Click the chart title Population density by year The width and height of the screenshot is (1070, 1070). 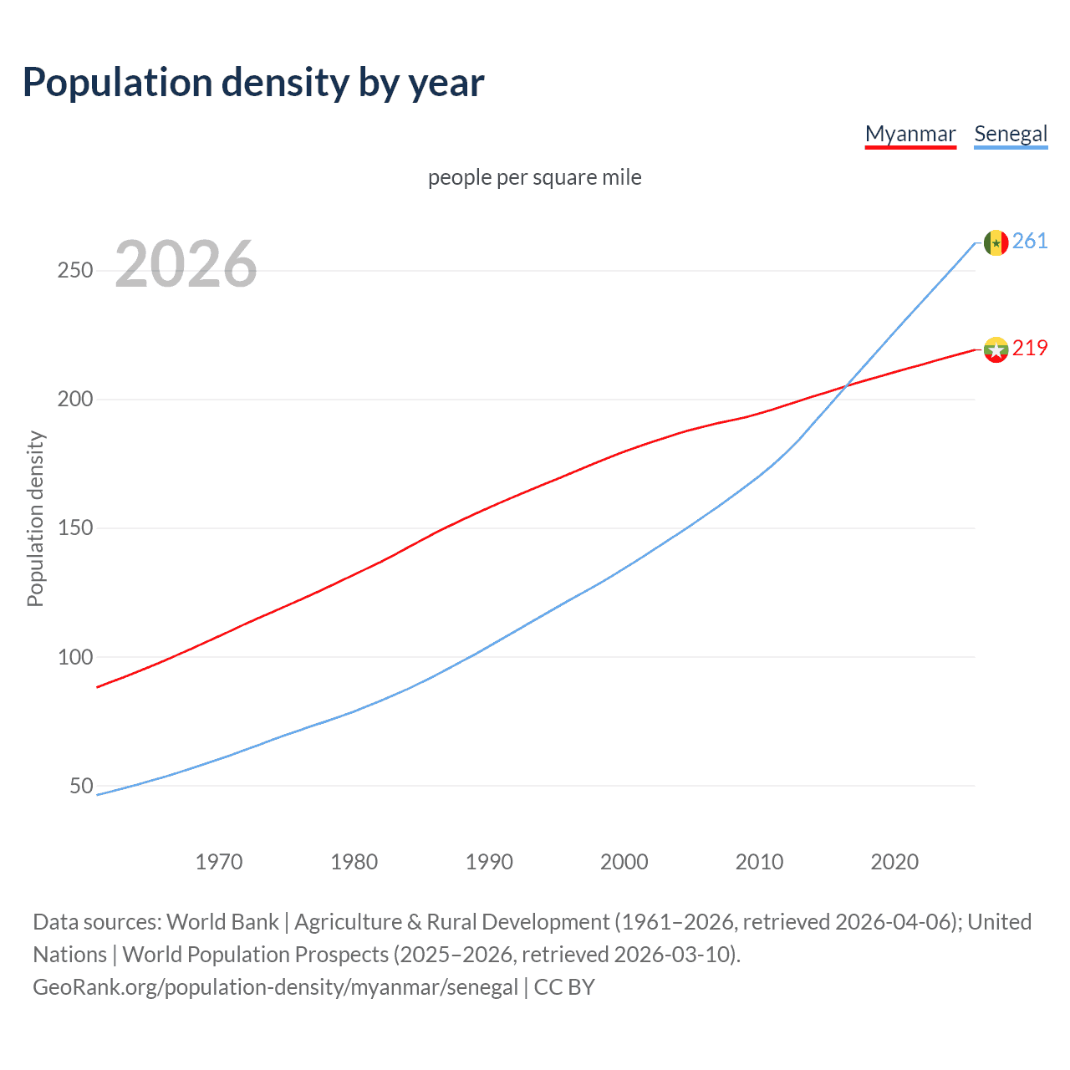point(253,83)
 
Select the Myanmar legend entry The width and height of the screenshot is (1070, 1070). point(909,134)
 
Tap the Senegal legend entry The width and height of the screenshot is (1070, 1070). point(1010,134)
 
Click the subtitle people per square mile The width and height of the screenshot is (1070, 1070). point(534,178)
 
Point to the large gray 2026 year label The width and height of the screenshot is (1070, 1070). point(186,264)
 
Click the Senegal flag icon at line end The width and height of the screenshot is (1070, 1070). point(995,242)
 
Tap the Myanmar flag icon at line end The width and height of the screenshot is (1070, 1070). point(995,349)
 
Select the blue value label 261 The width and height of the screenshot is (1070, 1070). point(1030,242)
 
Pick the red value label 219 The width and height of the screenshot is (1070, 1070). point(1030,349)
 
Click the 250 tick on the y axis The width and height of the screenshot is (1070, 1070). point(75,271)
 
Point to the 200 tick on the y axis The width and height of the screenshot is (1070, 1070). point(75,400)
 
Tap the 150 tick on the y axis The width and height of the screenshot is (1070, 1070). point(75,528)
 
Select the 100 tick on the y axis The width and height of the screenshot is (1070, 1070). point(75,657)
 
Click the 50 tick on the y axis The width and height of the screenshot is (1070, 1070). point(81,786)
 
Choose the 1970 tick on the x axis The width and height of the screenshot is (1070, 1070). point(219,862)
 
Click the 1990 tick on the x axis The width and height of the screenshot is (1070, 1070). point(489,862)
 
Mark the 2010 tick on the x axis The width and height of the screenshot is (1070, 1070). point(759,862)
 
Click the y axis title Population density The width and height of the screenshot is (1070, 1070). point(35,518)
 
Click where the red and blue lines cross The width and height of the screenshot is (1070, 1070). point(847,385)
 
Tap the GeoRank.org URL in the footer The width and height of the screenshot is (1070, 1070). point(275,987)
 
